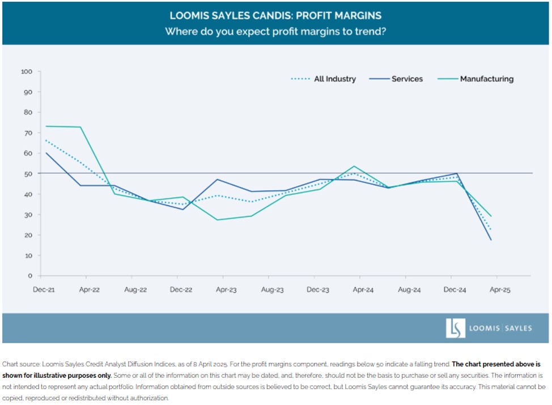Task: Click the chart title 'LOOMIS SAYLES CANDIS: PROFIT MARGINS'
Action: (x=275, y=15)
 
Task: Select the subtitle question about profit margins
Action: (x=275, y=32)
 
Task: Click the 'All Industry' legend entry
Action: (x=334, y=79)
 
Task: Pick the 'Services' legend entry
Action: (x=407, y=79)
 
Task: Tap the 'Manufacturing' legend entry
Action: (x=486, y=79)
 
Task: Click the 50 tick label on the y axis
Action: (x=28, y=174)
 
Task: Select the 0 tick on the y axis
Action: (x=30, y=276)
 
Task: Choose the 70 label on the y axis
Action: (x=28, y=133)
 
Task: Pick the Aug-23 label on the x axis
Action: (x=272, y=289)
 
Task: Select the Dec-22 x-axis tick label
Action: (x=181, y=289)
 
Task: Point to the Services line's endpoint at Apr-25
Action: (x=491, y=240)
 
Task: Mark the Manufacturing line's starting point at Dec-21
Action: (x=46, y=126)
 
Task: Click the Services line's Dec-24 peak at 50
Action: (x=456, y=174)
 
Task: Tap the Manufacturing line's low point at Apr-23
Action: (x=218, y=220)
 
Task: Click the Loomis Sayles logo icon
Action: (x=455, y=328)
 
